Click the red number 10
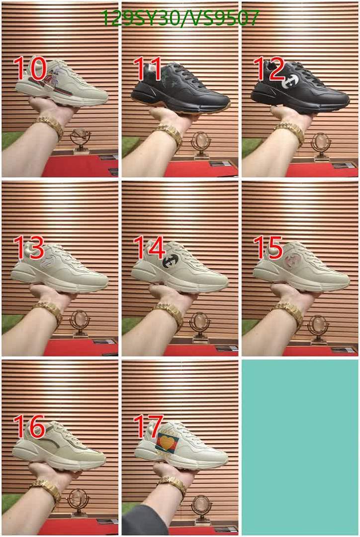click(x=30, y=69)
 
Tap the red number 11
click(x=148, y=69)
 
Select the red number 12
click(x=269, y=69)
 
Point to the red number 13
click(x=29, y=247)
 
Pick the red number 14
click(x=149, y=247)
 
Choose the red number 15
click(x=269, y=247)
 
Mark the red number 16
click(x=29, y=426)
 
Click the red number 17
click(x=148, y=426)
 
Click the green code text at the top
click(x=180, y=18)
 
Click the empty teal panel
click(x=300, y=447)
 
